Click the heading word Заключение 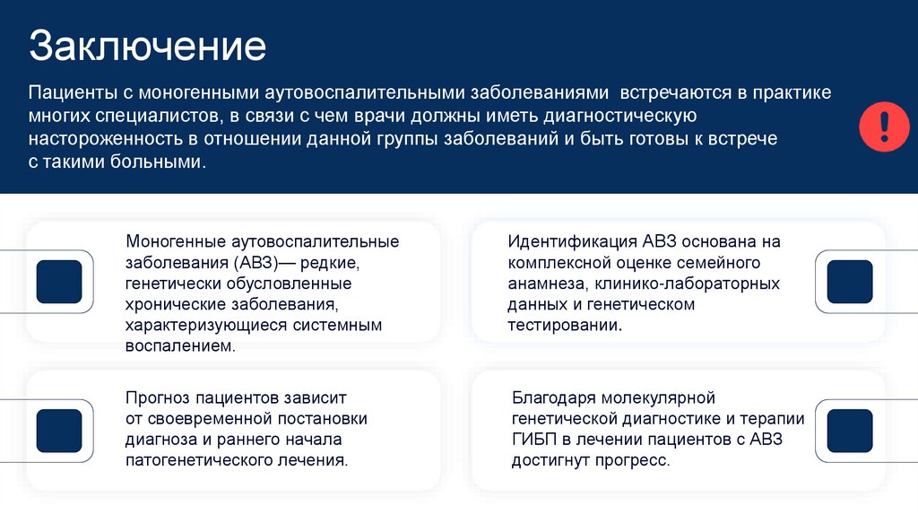[x=147, y=48]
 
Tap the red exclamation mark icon [x=884, y=127]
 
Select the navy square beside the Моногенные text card [x=59, y=282]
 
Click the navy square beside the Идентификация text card [x=849, y=282]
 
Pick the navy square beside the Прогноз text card [x=59, y=431]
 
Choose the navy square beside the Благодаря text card [x=849, y=431]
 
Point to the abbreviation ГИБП [x=534, y=440]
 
